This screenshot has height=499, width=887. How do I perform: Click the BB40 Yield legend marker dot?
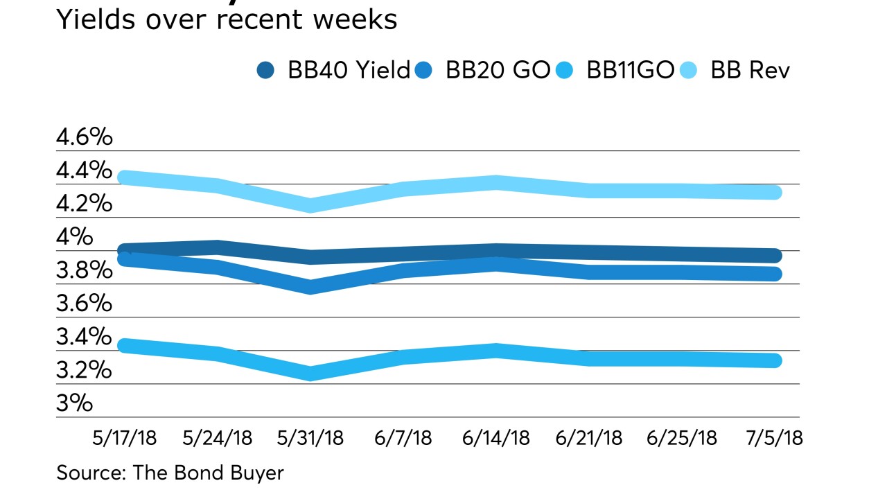click(x=265, y=71)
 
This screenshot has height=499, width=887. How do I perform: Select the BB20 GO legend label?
click(x=498, y=71)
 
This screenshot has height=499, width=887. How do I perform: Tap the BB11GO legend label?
click(x=630, y=71)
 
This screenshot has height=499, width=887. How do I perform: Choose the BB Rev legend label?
click(x=750, y=71)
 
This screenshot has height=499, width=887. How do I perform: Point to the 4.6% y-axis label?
click(x=84, y=137)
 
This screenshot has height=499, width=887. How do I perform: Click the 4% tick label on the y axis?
click(x=74, y=237)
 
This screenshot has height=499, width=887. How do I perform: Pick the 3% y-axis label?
click(x=74, y=403)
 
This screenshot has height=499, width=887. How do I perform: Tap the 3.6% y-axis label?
click(x=84, y=304)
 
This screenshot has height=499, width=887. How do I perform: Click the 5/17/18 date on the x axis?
click(x=125, y=439)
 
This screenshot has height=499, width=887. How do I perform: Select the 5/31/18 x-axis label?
click(x=311, y=439)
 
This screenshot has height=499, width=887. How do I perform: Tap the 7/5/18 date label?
click(x=773, y=439)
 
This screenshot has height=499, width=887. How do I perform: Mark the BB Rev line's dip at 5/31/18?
click(x=311, y=205)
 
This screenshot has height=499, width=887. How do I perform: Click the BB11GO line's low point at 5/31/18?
click(x=311, y=374)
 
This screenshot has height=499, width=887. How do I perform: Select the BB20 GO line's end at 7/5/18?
click(x=775, y=274)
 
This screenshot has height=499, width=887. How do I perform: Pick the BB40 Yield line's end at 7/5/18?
click(x=775, y=256)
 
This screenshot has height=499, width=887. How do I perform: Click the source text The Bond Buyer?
click(x=170, y=473)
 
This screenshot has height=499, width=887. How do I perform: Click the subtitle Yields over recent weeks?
click(x=227, y=19)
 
